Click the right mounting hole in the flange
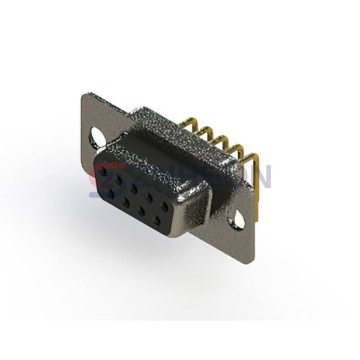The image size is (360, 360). [241, 221]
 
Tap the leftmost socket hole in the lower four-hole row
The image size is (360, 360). [112, 193]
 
